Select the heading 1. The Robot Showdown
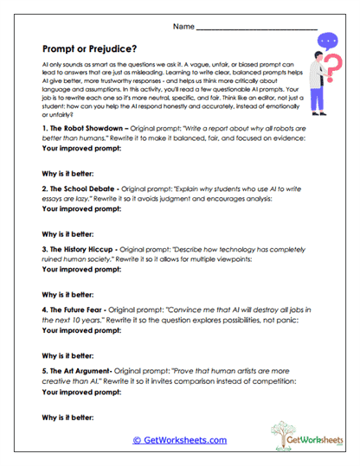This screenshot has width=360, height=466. pyautogui.click(x=84, y=129)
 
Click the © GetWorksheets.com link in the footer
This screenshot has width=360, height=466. pyautogui.click(x=180, y=440)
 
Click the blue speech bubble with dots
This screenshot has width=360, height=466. pyautogui.click(x=328, y=40)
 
